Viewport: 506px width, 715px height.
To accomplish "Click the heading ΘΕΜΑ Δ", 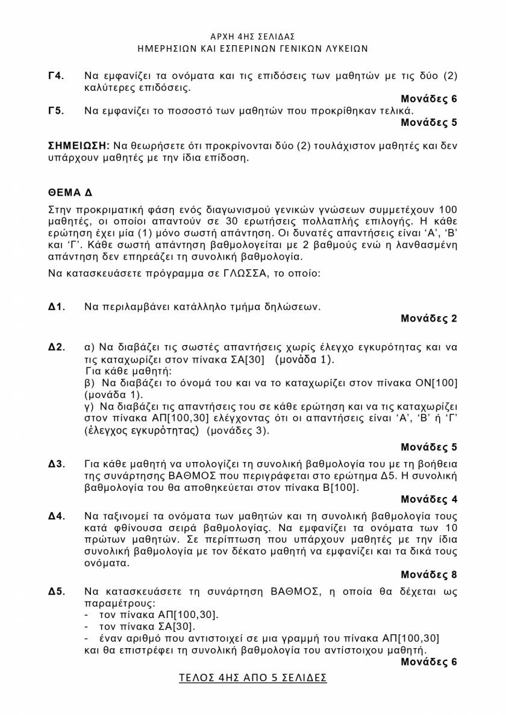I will (x=70, y=193).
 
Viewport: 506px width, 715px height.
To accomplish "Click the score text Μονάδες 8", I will (x=429, y=575).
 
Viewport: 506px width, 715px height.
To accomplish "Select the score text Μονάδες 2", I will (x=429, y=319).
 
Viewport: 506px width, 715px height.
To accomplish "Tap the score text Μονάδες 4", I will (x=429, y=499).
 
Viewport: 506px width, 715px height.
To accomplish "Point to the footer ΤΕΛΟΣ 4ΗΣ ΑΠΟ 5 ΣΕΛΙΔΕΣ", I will (x=253, y=678).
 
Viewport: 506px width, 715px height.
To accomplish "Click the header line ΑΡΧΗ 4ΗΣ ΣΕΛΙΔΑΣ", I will (x=253, y=37).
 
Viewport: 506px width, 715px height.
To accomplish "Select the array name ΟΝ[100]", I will (x=437, y=383).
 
